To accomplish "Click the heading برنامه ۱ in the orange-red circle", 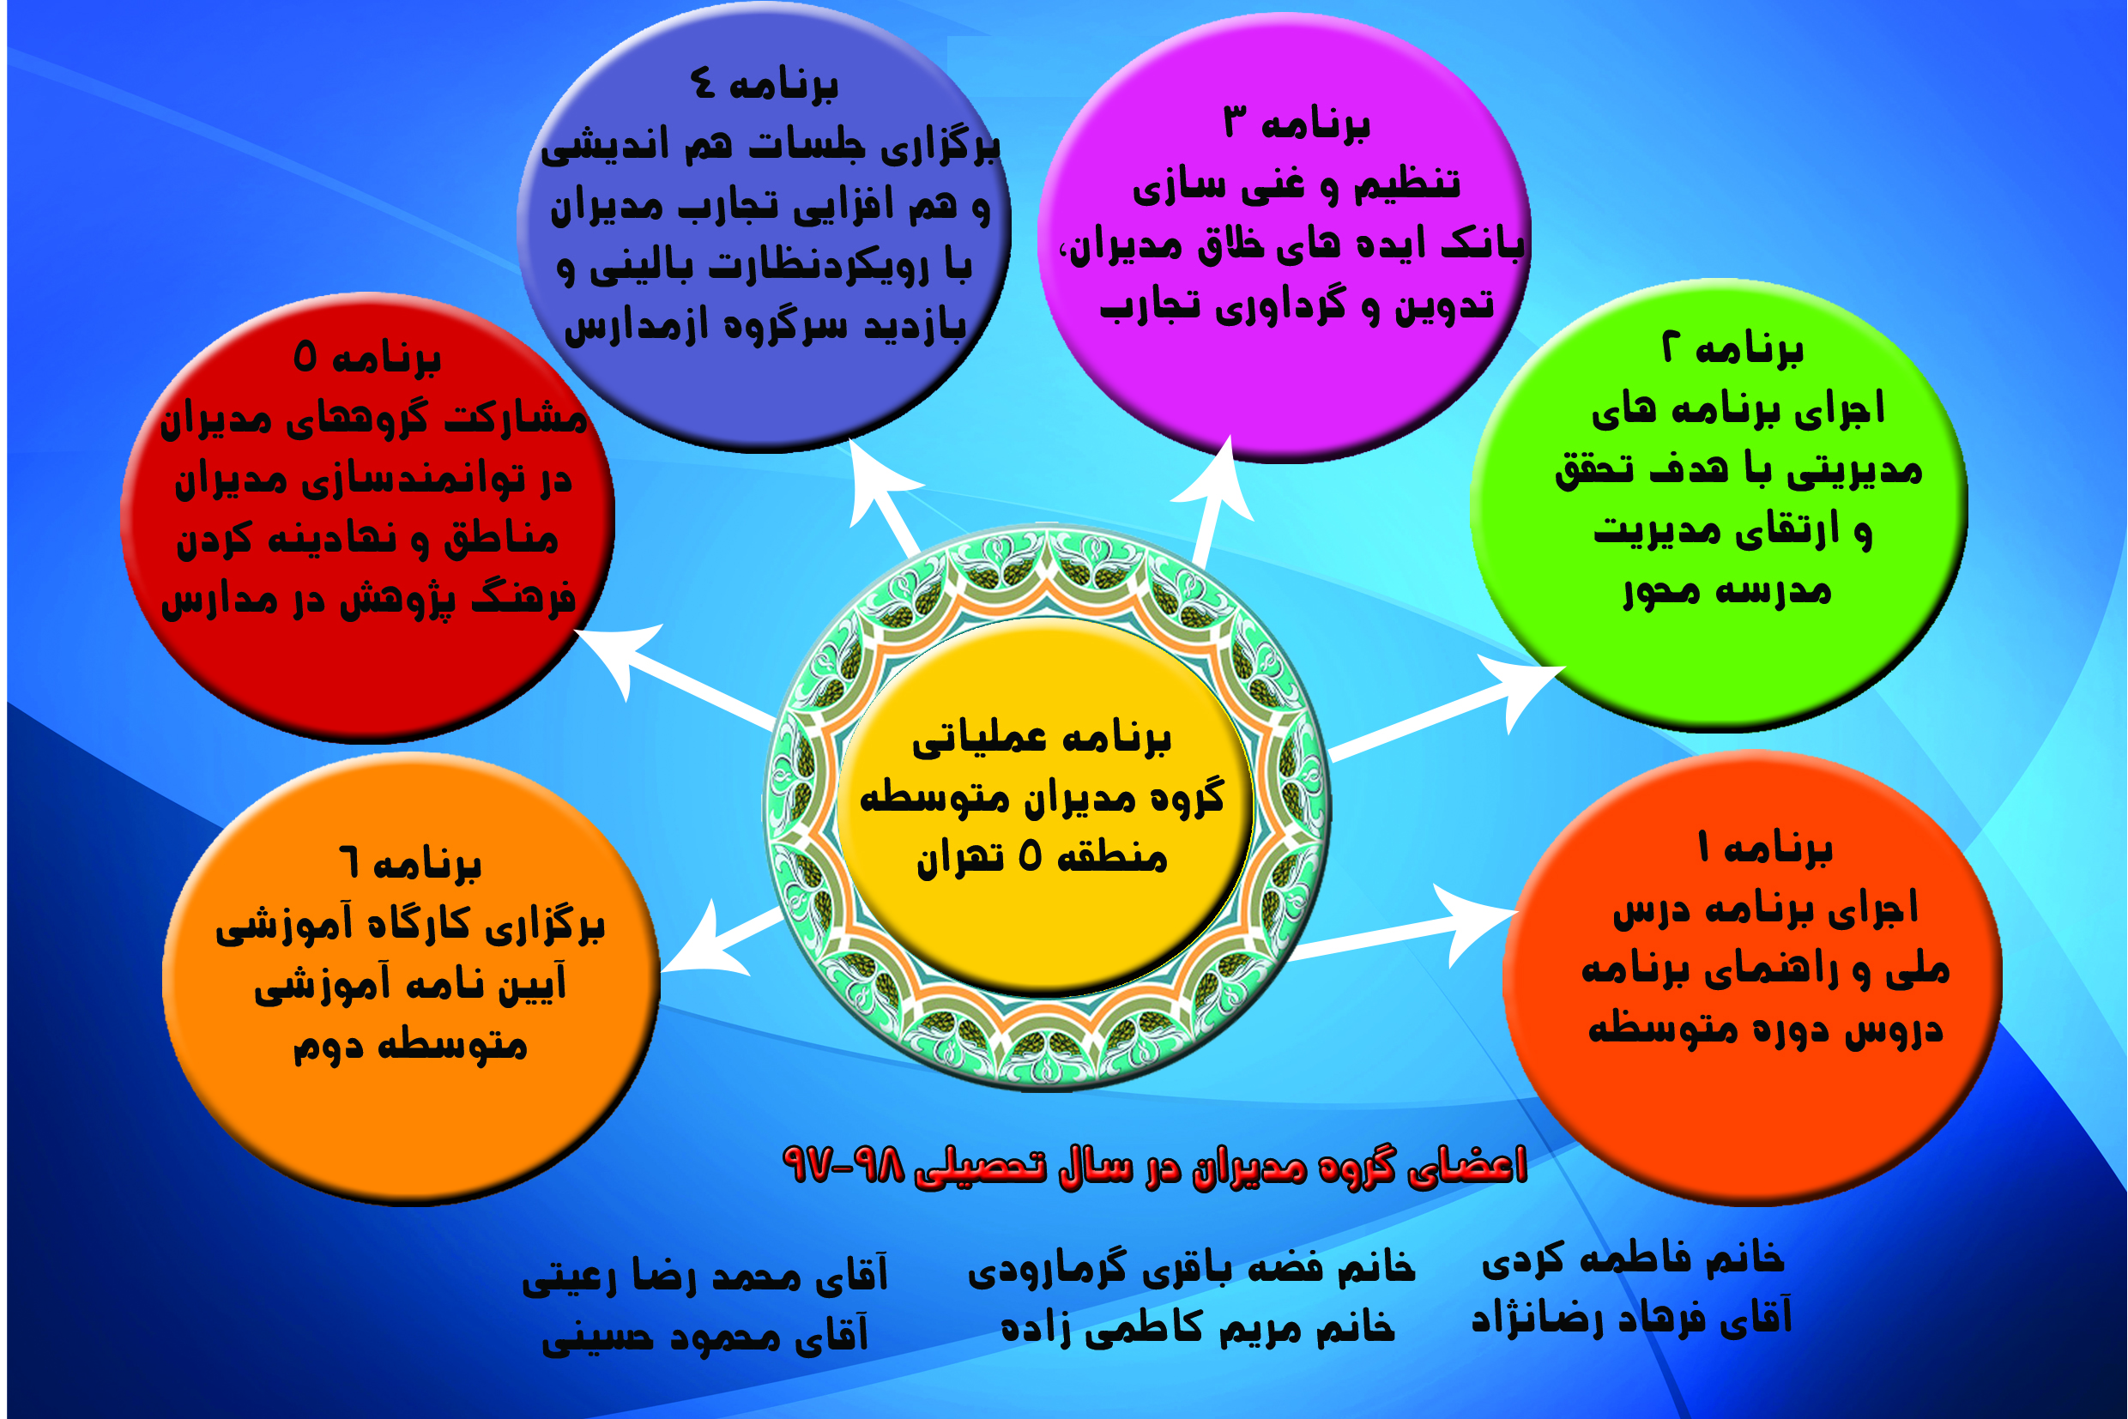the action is (x=1765, y=848).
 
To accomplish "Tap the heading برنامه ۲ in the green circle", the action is (x=1732, y=348).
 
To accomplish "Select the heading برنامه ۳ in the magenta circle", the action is (x=1297, y=123).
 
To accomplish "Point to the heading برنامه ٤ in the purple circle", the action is (x=764, y=84).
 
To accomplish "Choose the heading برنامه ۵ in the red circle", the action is (x=367, y=359).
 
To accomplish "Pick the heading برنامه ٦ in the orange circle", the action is (x=410, y=864).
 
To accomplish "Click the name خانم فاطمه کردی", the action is (x=1632, y=1259).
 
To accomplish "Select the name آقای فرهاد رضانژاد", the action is (x=1631, y=1317).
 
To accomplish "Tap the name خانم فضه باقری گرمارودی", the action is (x=1191, y=1268).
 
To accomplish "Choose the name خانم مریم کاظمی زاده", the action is (x=1198, y=1326).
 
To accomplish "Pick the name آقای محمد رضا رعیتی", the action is (x=705, y=1276).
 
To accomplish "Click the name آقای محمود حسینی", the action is (x=705, y=1334).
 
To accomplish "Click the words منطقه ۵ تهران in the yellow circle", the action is (x=1042, y=856).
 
